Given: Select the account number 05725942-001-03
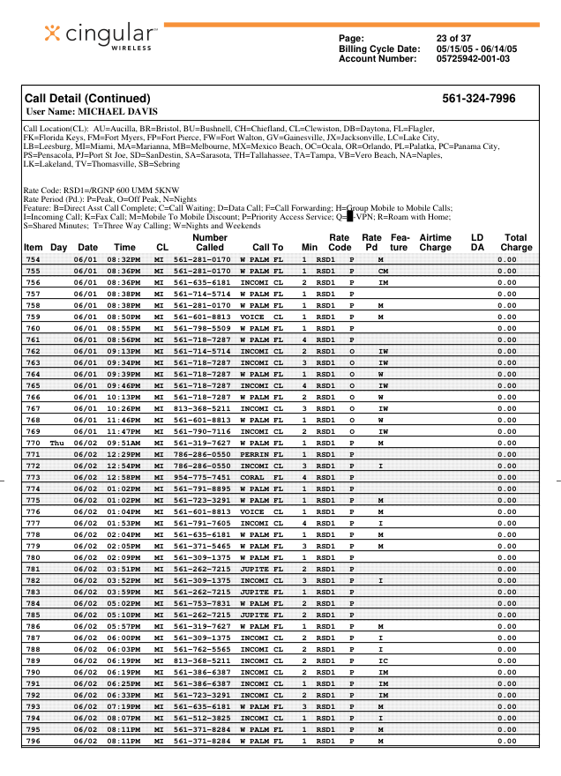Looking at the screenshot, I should coord(474,59).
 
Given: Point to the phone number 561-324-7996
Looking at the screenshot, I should coord(478,99).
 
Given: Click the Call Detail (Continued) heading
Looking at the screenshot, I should coord(87,99).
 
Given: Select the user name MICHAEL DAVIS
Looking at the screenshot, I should coord(93,112).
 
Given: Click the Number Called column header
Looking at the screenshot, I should coord(209,242).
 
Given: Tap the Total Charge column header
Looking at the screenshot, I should coord(515,242).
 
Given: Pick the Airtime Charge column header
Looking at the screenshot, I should coord(435,242).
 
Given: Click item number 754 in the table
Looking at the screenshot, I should coord(34,259).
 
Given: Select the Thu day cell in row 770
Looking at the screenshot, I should coord(57,443).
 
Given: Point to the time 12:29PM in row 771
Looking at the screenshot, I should coord(124,454).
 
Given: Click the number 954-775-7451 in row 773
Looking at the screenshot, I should coord(202,477).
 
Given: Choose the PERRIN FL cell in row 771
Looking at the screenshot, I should coord(261,454).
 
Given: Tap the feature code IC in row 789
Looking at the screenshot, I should coord(383,660).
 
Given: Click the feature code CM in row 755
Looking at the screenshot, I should coord(383,271).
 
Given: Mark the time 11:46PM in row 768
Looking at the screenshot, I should coord(124,420).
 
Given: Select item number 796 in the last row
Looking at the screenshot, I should coord(34,741).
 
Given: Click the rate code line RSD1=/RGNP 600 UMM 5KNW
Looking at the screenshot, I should coord(104,189).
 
